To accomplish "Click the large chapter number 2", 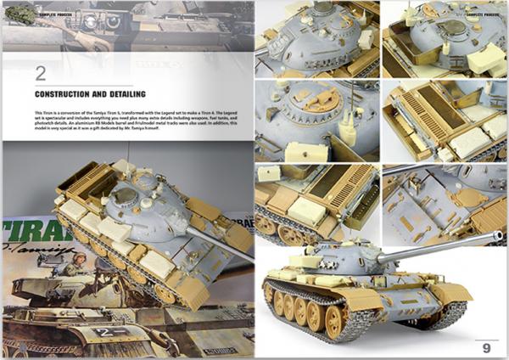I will (x=40, y=74).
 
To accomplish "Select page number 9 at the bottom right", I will (x=486, y=346).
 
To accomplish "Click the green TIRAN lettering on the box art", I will (x=25, y=233).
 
